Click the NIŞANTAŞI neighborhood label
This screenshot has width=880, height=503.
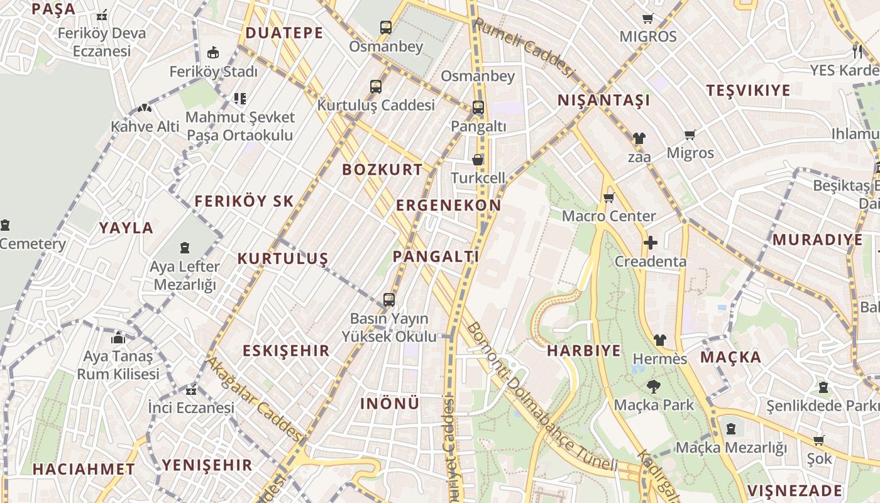(603, 101)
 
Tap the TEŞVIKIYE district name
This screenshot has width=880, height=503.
(748, 91)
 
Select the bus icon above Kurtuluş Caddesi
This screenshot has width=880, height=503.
(376, 87)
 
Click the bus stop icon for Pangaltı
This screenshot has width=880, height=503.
(478, 108)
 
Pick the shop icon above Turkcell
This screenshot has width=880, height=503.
(478, 160)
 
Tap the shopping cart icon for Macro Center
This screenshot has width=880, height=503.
(608, 198)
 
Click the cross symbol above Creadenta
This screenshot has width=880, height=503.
(651, 243)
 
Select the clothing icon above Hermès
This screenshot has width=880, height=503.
(659, 340)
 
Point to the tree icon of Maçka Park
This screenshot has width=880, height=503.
(654, 386)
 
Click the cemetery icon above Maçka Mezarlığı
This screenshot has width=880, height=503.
(731, 429)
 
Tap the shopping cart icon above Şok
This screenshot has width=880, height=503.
(818, 440)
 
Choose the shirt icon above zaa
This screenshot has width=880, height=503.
(639, 138)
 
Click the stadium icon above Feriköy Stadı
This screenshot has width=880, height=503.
(213, 53)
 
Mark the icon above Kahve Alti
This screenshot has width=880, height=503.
(145, 108)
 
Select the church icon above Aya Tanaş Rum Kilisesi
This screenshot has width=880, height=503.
(118, 338)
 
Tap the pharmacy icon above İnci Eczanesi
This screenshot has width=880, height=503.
(191, 390)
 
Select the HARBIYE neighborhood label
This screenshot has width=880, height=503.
(584, 351)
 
